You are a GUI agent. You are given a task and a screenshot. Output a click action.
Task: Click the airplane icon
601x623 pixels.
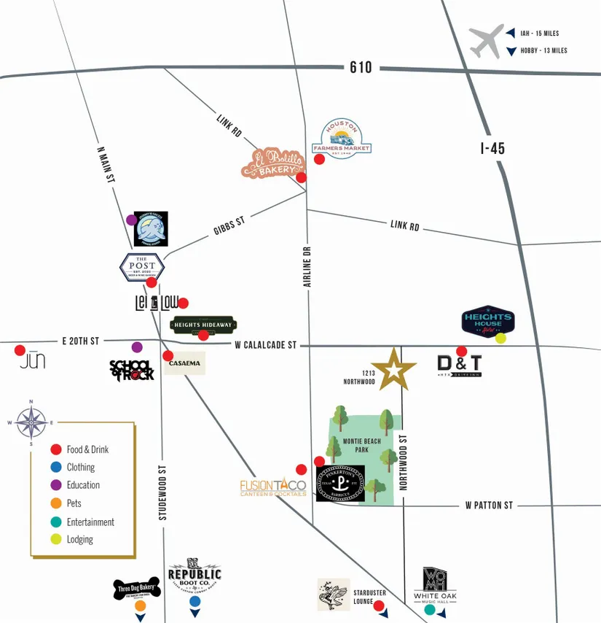(487, 41)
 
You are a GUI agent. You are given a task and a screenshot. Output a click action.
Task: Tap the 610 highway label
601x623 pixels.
(361, 67)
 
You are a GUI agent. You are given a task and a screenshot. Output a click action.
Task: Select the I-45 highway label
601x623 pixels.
(492, 148)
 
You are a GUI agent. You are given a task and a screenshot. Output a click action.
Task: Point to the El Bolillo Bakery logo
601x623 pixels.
(272, 164)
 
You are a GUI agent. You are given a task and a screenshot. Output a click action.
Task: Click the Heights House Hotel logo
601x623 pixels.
(488, 321)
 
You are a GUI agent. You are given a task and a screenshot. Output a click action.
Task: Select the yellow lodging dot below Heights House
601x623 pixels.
(500, 338)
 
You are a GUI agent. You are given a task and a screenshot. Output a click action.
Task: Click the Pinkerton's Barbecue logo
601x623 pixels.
(340, 483)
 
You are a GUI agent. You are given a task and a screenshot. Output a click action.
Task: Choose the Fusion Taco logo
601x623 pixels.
(274, 487)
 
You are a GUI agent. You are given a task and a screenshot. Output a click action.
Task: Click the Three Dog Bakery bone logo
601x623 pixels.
(136, 588)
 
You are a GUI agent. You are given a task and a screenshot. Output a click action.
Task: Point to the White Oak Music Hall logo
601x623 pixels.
(440, 584)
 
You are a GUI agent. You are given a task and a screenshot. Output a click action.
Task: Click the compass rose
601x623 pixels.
(31, 422)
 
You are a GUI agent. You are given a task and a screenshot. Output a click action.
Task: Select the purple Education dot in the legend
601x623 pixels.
(55, 485)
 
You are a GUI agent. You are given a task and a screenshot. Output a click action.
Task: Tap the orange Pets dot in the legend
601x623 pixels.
(55, 503)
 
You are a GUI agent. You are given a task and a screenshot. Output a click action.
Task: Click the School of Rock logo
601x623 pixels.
(132, 370)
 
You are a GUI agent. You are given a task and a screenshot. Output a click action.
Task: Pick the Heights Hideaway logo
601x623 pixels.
(203, 325)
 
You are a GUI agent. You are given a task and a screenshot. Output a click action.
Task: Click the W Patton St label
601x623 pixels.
(489, 505)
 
